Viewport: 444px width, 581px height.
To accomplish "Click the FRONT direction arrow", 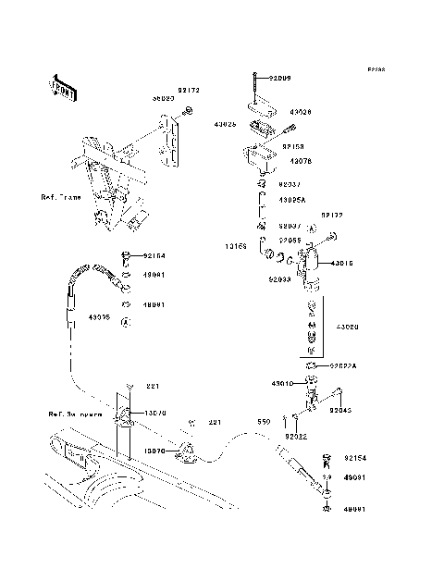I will [x=64, y=88].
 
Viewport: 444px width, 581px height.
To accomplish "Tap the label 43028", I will [x=299, y=111].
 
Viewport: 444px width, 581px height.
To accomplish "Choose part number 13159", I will [x=234, y=247].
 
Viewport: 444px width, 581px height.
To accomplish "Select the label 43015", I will [x=341, y=263].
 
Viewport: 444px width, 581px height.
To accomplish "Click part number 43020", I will [x=348, y=327].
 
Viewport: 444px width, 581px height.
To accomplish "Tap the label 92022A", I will [x=345, y=365].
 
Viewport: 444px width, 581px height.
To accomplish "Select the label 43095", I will [x=100, y=316].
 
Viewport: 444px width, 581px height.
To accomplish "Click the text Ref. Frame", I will [x=61, y=199].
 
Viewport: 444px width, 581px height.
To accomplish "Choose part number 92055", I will [x=290, y=240].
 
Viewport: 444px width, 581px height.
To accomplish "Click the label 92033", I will [x=281, y=278].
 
